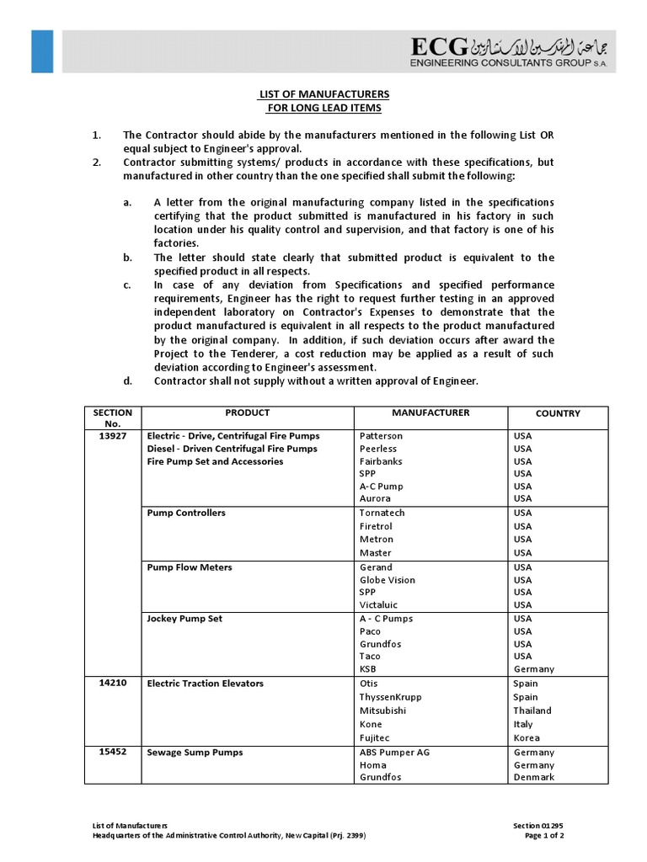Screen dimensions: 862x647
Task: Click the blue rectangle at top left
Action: click(42, 51)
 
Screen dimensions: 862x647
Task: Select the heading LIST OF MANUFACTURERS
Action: click(323, 93)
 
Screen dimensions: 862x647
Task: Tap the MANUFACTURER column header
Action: click(430, 412)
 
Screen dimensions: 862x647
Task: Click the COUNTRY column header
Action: click(558, 413)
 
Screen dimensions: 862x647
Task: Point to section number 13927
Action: click(112, 436)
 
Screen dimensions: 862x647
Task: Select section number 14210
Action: click(112, 684)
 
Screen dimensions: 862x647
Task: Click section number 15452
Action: click(112, 753)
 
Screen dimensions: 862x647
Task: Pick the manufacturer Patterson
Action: click(381, 436)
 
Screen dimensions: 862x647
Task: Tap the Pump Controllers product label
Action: click(186, 513)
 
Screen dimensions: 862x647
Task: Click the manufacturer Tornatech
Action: click(382, 513)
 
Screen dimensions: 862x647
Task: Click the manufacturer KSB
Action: click(369, 669)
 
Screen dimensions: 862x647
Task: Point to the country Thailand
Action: click(532, 710)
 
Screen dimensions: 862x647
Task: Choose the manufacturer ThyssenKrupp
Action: click(390, 697)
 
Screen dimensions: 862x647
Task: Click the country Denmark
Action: click(534, 778)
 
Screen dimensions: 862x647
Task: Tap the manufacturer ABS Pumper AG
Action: click(394, 753)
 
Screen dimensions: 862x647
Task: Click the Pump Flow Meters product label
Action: click(190, 567)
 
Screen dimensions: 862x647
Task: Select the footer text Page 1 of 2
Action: click(543, 836)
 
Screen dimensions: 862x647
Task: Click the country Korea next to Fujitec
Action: click(527, 738)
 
